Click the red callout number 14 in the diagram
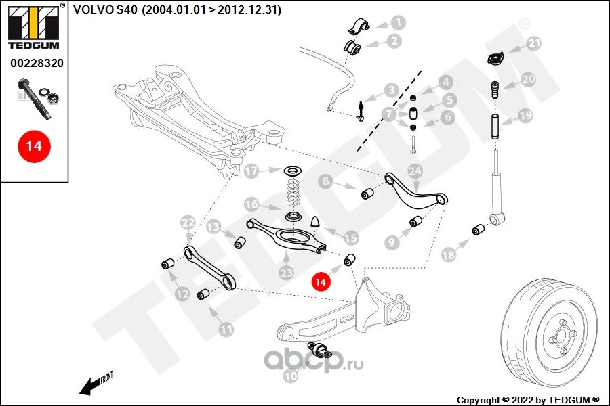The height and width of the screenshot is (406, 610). [321, 280]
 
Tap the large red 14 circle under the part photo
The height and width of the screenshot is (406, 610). [33, 145]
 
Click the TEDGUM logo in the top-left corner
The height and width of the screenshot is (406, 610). [34, 27]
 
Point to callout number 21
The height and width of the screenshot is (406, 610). [535, 44]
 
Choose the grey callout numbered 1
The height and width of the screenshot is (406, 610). [399, 22]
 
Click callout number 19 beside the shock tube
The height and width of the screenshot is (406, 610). [526, 116]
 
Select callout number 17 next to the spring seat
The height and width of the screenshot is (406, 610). [251, 171]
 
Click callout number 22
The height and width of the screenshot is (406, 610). [188, 221]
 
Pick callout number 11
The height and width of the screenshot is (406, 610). [226, 330]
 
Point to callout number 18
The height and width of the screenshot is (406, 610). [448, 255]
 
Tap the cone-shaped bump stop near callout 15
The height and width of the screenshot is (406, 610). [315, 222]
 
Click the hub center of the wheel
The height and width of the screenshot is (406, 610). [562, 332]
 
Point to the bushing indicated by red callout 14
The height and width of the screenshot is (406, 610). [350, 259]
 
